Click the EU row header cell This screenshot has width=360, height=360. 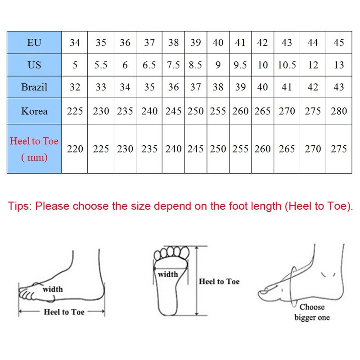(34, 43)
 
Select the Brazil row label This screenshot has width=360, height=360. (34, 87)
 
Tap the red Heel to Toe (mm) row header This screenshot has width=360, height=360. (34, 149)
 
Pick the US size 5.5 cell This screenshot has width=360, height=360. (101, 65)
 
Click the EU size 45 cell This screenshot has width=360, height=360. (339, 43)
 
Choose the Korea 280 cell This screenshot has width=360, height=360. (339, 111)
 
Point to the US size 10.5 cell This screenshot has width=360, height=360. (287, 65)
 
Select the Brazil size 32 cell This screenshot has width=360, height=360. (75, 87)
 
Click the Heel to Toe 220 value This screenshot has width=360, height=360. (75, 149)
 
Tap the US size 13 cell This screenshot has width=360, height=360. (339, 65)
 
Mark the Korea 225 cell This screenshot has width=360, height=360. (75, 111)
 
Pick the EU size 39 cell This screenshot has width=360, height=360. (195, 43)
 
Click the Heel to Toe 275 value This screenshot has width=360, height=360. (339, 149)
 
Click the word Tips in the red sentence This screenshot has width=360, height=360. (19, 207)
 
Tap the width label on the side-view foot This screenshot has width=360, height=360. (53, 289)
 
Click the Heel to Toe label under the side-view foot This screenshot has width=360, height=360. (64, 312)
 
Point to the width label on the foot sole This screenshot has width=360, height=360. (168, 274)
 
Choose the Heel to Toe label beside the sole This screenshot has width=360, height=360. (219, 282)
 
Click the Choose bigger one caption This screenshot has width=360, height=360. (312, 312)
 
